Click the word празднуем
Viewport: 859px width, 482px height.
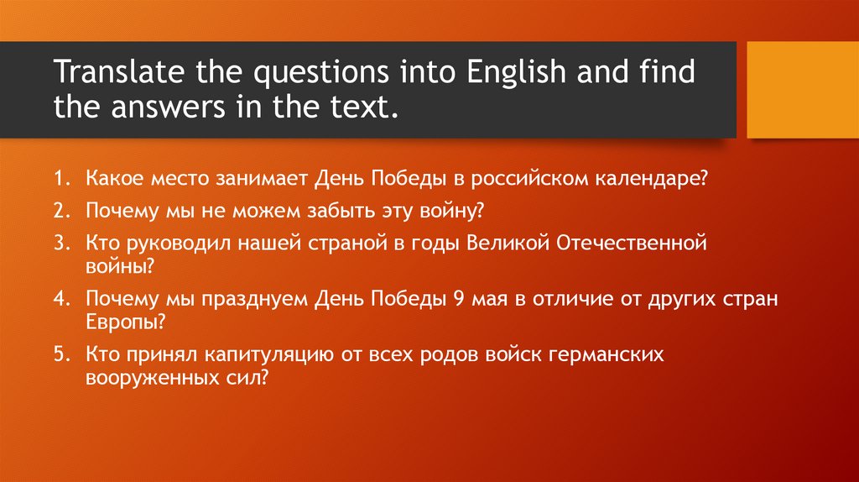(x=258, y=299)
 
